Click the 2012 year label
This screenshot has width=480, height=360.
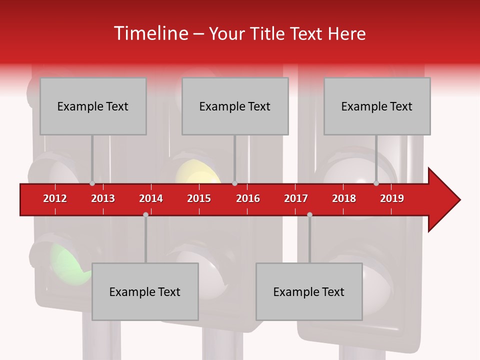click(x=55, y=198)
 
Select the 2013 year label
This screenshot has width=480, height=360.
click(x=103, y=198)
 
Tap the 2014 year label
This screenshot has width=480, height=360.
click(x=151, y=198)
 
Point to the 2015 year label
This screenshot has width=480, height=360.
click(x=199, y=198)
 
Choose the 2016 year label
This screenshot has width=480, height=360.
click(x=248, y=198)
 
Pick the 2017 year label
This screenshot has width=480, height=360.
click(x=296, y=198)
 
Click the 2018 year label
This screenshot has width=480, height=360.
click(x=344, y=198)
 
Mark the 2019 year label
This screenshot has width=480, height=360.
click(x=392, y=198)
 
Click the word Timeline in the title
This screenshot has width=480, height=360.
click(x=150, y=33)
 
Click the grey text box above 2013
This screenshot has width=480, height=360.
click(x=93, y=106)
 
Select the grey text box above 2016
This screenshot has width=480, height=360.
click(x=235, y=106)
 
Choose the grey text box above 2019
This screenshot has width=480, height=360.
click(x=377, y=106)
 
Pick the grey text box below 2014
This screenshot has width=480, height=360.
click(x=145, y=291)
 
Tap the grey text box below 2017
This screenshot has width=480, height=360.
click(x=309, y=291)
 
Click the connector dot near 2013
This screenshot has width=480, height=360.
click(x=92, y=183)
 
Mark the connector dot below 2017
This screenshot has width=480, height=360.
click(x=309, y=214)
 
